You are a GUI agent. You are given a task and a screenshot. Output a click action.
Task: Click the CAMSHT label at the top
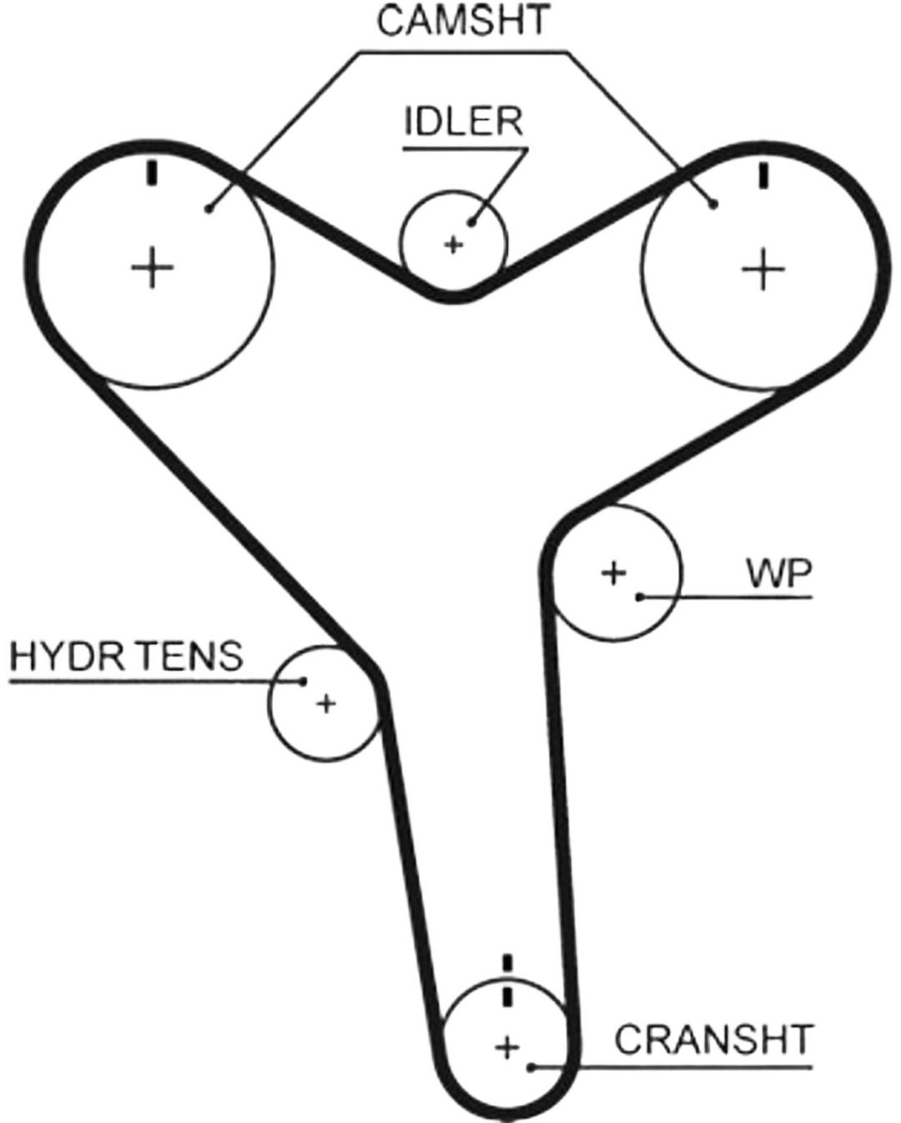tap(463, 22)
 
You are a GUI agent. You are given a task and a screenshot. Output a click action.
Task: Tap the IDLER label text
tap(464, 123)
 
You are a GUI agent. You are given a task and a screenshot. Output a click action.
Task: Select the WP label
tap(779, 574)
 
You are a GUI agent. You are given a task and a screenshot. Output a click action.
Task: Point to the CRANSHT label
tap(713, 1040)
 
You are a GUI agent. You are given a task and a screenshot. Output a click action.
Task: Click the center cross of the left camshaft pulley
tap(153, 268)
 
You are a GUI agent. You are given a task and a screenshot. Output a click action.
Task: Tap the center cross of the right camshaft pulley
tap(763, 269)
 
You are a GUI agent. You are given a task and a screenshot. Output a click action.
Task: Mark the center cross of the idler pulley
tap(453, 244)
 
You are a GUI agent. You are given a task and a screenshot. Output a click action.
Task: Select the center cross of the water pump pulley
tap(613, 573)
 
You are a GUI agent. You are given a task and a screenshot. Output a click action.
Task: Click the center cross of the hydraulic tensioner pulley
tap(326, 704)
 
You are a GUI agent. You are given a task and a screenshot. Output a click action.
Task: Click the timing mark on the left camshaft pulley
tap(152, 174)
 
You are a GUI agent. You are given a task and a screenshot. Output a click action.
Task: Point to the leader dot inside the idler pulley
tap(471, 224)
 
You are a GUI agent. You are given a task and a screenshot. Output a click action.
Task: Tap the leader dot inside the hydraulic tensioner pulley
tap(302, 681)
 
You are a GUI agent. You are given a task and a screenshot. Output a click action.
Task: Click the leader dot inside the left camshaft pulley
tap(209, 209)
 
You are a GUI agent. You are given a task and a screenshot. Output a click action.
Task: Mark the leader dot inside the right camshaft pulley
tap(713, 205)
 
